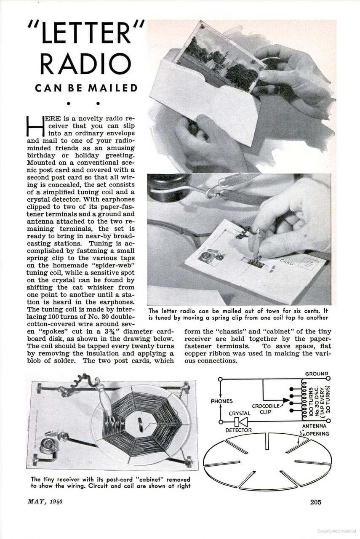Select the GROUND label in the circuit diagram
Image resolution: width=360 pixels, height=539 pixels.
coord(316,374)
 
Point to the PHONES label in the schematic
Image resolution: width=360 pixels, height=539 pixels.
coord(222,401)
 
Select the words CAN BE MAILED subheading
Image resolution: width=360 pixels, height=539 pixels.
coord(86,88)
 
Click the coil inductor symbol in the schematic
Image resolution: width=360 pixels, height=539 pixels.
coord(301,400)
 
